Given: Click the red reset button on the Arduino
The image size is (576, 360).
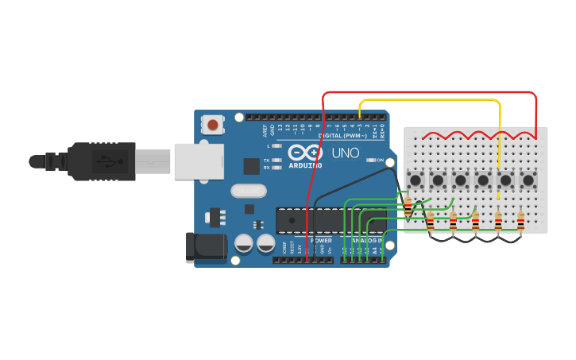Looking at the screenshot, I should point(213,124).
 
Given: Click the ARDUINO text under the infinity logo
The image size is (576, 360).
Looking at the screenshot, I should point(306,165).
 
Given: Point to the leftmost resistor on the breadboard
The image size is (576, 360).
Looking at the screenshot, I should point(408,208).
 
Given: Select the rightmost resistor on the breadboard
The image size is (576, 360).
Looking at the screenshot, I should point(520,223).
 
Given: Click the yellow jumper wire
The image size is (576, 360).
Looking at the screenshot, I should point(429,101).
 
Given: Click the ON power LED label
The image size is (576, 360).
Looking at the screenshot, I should point(380,161).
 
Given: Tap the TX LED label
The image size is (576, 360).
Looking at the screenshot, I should point(267,161).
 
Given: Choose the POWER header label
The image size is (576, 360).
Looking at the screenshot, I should point(321,240).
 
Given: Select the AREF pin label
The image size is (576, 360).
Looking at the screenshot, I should point(265,130).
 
